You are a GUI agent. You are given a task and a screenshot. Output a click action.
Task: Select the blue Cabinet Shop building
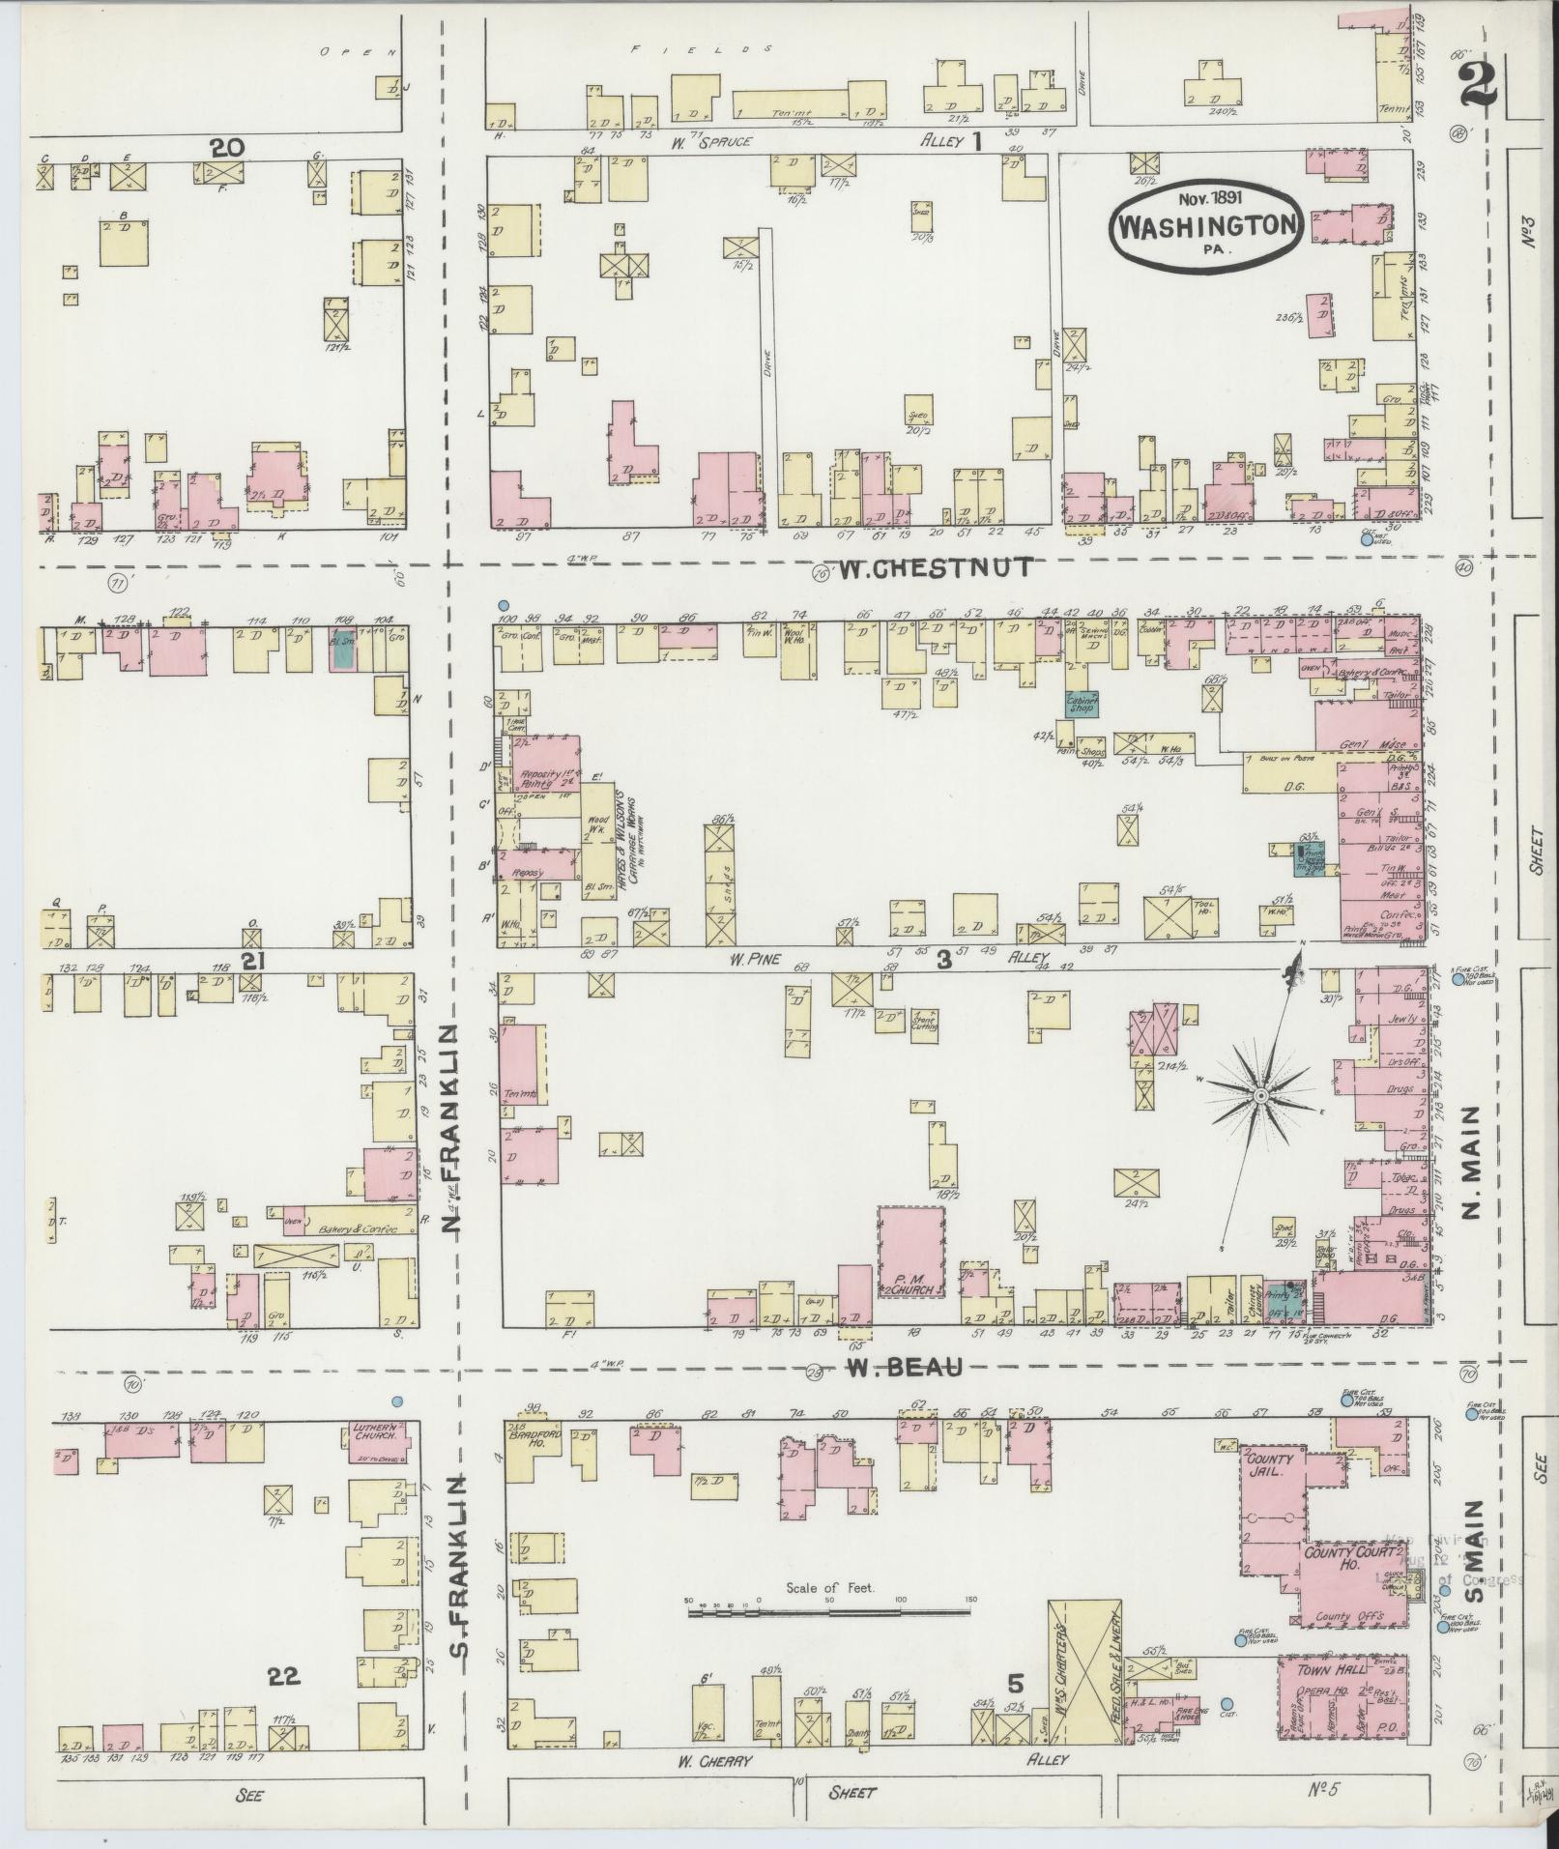tap(1081, 705)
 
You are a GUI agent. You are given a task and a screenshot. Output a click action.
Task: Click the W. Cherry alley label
tap(713, 1760)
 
